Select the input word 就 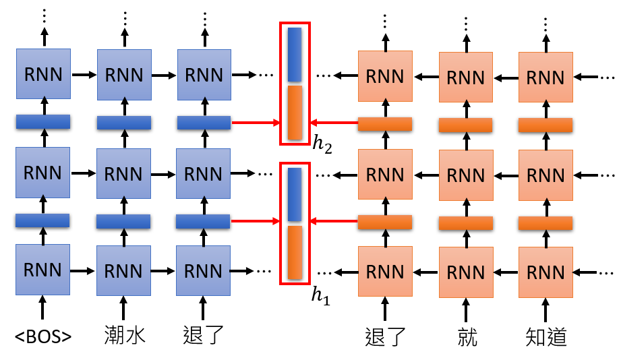tap(466, 335)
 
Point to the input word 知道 tap(546, 335)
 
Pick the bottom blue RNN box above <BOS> tap(43, 270)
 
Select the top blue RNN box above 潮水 tap(124, 74)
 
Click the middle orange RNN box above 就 tap(466, 175)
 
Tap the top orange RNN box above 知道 tap(546, 77)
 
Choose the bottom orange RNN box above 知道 tap(546, 272)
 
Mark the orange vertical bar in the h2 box tap(295, 113)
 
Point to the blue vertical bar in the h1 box tap(295, 195)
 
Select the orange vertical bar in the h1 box tap(295, 252)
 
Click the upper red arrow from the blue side tap(256, 123)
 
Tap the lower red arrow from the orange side tap(333, 221)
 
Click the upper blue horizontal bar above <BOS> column tap(43, 122)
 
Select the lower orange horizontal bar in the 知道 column tap(546, 222)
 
